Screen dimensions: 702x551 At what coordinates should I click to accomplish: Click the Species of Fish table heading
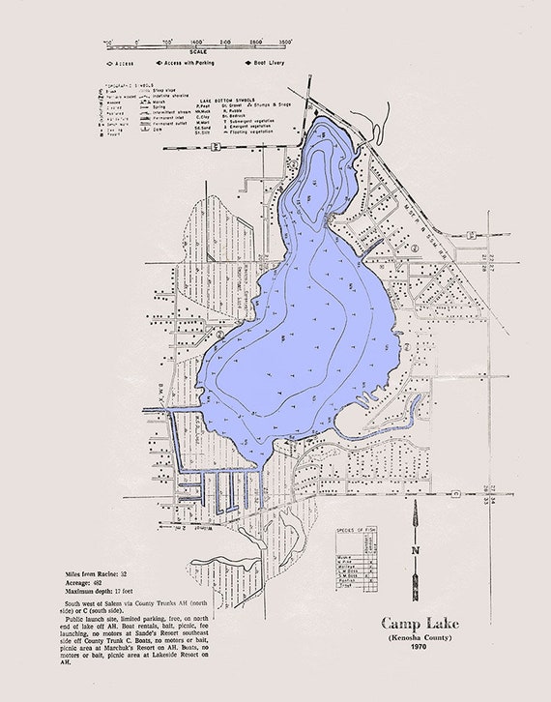click(353, 531)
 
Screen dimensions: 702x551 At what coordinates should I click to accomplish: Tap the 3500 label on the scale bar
click(285, 44)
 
